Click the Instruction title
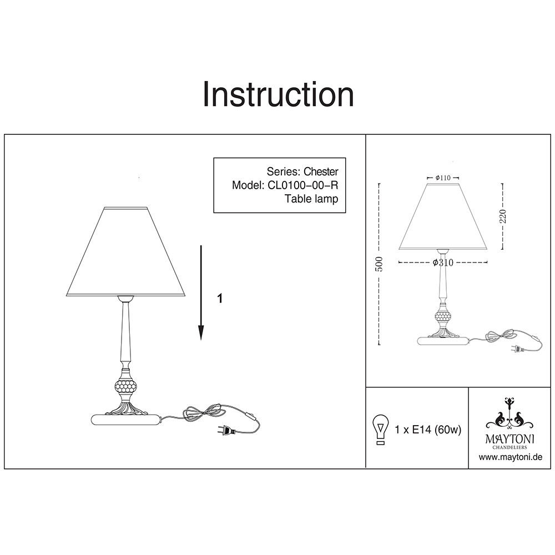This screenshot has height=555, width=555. point(278,94)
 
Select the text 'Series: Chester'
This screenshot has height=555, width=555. point(302,171)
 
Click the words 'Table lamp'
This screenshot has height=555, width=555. point(311,199)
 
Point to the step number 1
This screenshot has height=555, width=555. point(220,299)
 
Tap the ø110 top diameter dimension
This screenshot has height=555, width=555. point(443,178)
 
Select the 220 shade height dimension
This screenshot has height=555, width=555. point(503,216)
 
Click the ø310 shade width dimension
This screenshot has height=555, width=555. point(443,263)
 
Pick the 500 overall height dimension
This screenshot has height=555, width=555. point(379,264)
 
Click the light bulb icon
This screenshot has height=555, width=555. point(381,430)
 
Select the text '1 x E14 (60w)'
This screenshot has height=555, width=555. point(428,430)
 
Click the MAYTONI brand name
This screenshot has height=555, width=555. point(510,439)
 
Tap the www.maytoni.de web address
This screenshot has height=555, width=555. point(511,457)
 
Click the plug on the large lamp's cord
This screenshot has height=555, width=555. point(226,430)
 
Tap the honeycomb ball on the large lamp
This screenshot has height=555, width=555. point(125,386)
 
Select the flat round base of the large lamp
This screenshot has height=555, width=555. point(127,420)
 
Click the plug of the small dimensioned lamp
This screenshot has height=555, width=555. point(517,349)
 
